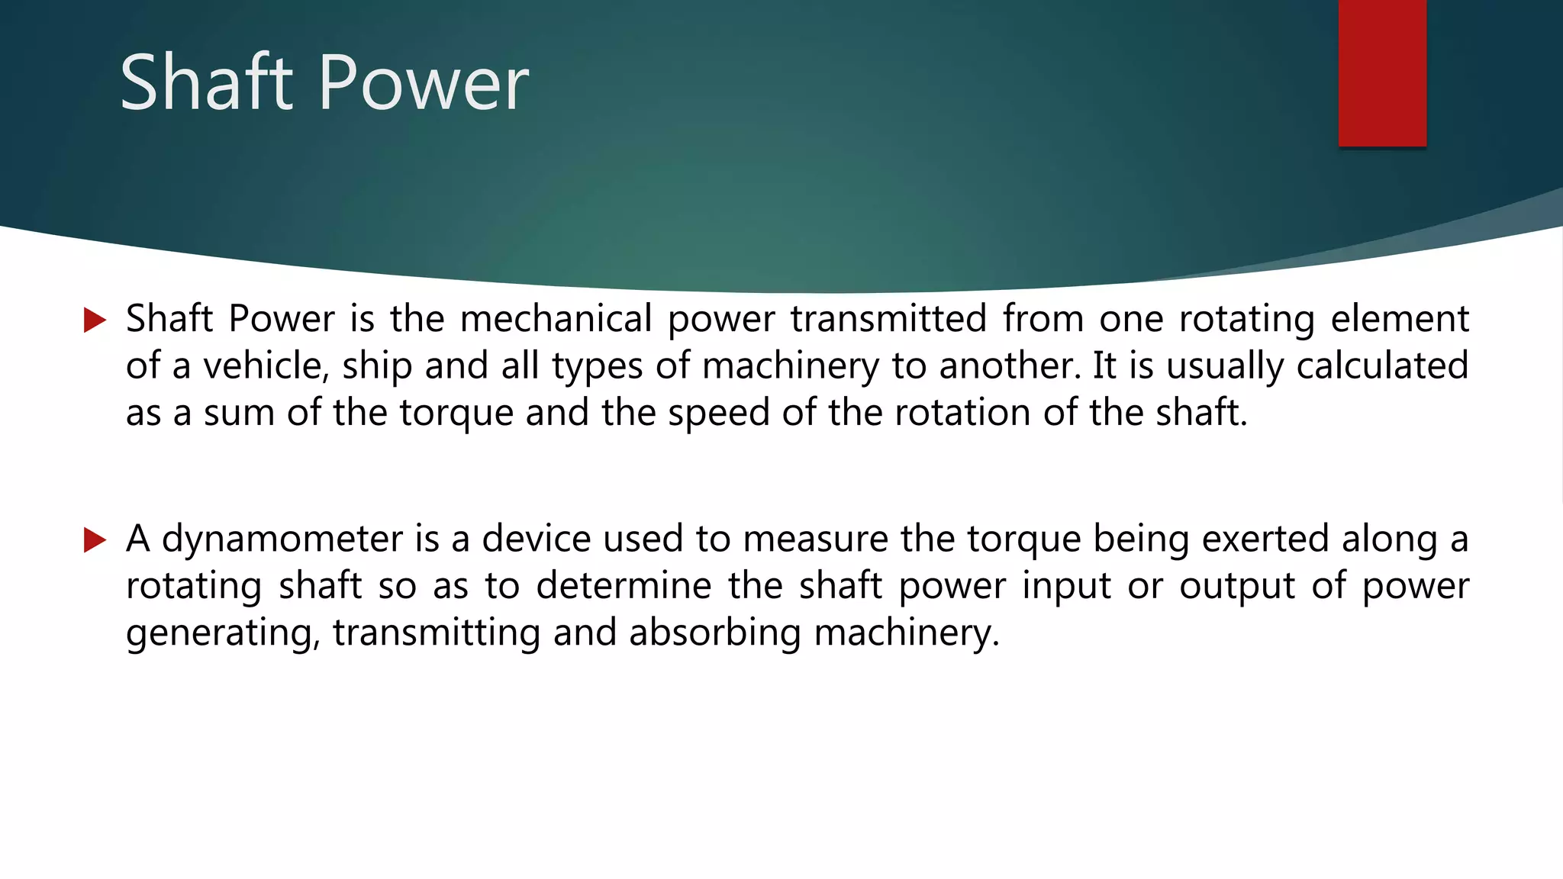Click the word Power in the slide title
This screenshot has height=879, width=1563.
424,84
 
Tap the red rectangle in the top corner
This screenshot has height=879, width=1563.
1382,72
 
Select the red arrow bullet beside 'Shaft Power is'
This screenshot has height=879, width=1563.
95,320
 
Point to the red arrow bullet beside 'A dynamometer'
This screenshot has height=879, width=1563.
95,539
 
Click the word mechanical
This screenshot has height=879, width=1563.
556,318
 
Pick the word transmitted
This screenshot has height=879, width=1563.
888,318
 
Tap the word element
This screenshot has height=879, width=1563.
1400,318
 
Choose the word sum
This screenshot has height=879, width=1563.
238,414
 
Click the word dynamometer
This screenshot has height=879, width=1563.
282,539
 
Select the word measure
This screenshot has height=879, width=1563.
815,539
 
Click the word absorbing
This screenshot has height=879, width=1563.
714,633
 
